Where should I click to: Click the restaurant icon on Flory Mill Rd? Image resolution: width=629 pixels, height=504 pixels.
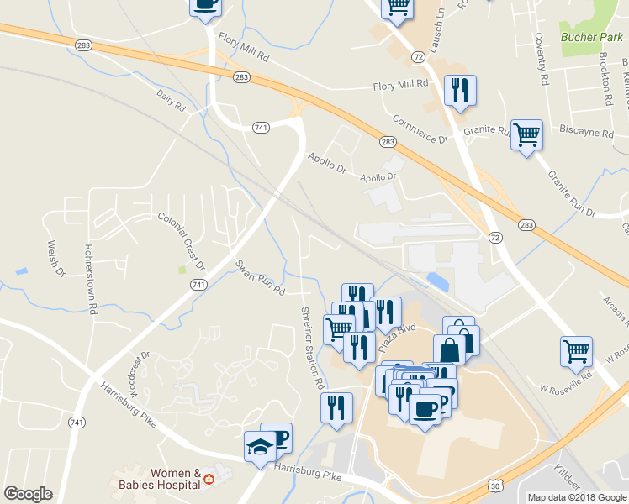[459, 90]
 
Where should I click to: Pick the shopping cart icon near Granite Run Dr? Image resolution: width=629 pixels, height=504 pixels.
[526, 134]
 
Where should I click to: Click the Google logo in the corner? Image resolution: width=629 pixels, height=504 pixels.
[28, 494]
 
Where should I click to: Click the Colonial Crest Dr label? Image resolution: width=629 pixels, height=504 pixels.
[182, 241]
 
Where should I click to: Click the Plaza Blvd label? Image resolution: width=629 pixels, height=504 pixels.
[397, 337]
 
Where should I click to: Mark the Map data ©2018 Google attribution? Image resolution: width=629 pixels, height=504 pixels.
[577, 497]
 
